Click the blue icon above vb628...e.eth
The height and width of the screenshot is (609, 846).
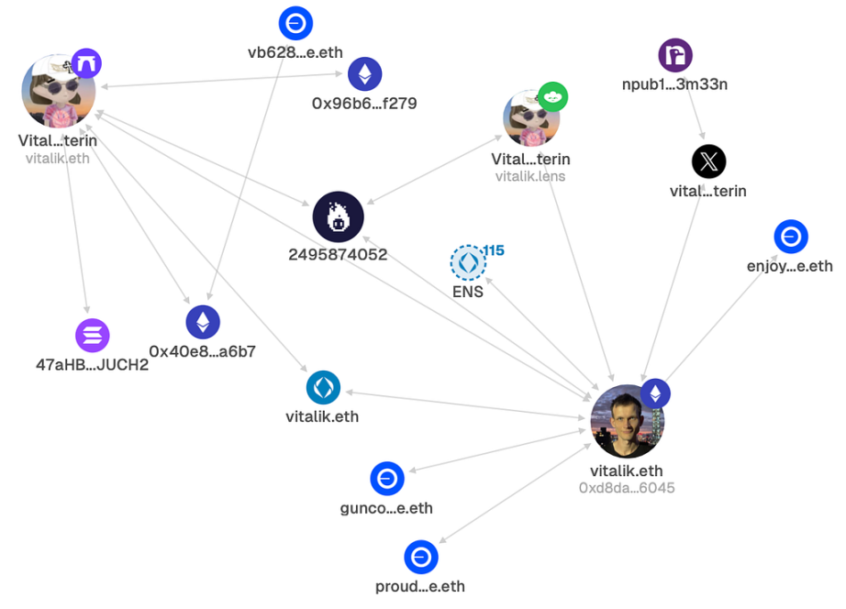coord(296,22)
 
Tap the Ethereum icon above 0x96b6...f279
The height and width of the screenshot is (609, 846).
coord(364,74)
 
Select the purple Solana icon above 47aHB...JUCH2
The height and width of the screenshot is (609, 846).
coord(92,335)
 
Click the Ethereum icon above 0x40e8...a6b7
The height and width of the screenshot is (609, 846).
coord(203,322)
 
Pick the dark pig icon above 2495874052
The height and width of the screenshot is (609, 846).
coord(338,217)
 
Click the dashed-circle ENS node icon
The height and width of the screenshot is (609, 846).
coord(468,263)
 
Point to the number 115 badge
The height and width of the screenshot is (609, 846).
coord(494,250)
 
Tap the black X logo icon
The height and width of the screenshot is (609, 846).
coord(708,162)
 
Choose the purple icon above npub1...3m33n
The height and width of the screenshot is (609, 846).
coord(675,56)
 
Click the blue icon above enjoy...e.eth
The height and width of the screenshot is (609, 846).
coord(790,238)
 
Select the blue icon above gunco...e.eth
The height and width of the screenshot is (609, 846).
coord(387,479)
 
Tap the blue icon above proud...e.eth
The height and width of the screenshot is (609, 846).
coord(421,558)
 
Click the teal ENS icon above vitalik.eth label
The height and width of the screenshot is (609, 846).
coord(323,387)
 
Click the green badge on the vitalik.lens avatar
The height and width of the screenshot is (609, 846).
coord(553,96)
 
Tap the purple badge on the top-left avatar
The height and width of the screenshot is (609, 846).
coord(86,64)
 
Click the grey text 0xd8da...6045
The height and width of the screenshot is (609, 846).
coord(627,488)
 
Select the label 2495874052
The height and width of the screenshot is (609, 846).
coord(338,254)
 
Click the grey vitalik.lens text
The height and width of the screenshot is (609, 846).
coord(530,176)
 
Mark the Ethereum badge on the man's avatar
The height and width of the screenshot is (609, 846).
coord(655,393)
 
